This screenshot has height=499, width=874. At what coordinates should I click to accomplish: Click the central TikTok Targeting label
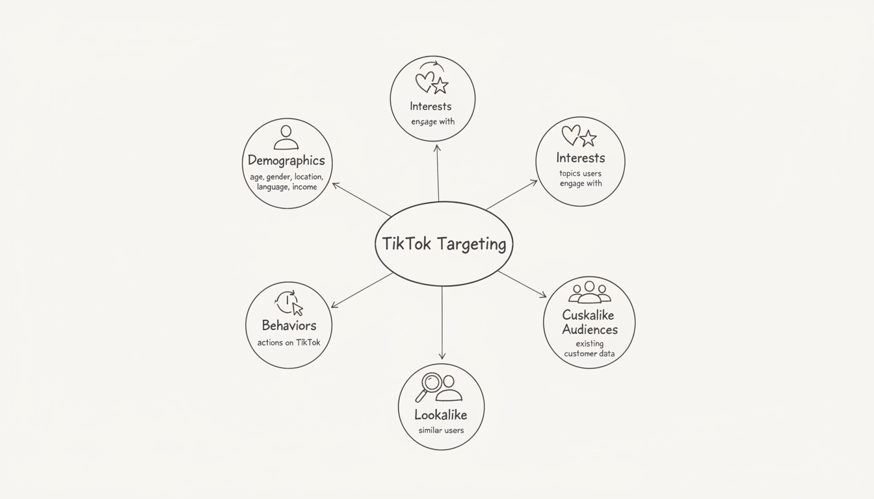point(444,244)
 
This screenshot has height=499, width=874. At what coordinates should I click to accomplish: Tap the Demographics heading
point(286,160)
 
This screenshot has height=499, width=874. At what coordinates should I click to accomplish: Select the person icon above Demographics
point(286,137)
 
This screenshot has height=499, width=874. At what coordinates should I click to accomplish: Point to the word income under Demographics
point(304,187)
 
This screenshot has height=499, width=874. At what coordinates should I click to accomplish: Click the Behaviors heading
point(289,326)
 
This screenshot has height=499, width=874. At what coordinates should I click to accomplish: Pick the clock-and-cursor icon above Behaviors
point(289,302)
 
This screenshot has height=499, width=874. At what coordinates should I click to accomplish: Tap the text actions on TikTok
point(289,342)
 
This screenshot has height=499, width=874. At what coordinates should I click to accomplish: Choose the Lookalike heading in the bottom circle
point(441,415)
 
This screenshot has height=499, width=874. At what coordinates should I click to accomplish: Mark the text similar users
point(441,430)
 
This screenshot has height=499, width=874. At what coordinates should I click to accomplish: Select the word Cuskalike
point(588,315)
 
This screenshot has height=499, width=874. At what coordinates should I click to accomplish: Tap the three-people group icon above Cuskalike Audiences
point(589,293)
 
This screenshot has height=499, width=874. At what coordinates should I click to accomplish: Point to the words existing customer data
point(589,348)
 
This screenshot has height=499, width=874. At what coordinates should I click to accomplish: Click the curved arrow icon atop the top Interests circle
point(431,66)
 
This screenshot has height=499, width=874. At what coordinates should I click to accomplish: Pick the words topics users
point(580,173)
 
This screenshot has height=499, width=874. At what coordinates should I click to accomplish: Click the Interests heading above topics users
point(580,158)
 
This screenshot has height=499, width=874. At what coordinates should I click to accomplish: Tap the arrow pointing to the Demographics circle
point(362,199)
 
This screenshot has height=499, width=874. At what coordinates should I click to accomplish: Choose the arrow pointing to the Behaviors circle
point(362,290)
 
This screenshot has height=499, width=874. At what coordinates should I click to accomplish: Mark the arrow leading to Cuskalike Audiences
point(522,285)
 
